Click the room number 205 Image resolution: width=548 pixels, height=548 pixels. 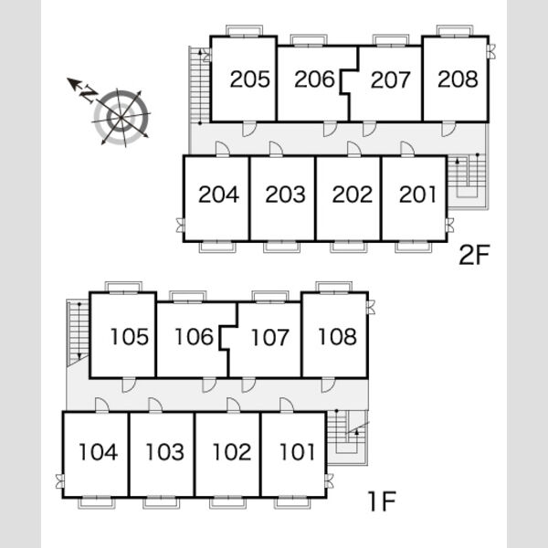(250, 79)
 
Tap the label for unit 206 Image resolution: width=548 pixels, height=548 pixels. (314, 79)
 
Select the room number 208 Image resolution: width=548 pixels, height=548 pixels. (458, 79)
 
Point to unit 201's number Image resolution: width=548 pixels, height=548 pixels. (417, 195)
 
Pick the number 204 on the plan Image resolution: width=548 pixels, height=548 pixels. (219, 195)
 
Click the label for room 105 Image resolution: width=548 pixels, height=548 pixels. (130, 337)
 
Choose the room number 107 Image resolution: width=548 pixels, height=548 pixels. (269, 337)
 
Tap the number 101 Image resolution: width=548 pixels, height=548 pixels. (297, 452)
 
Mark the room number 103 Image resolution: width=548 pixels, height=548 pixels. (164, 452)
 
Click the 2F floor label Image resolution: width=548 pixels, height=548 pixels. (474, 256)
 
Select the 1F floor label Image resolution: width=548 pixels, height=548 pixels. (383, 501)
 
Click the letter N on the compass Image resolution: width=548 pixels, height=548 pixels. (89, 93)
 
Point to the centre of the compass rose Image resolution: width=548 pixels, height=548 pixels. (121, 118)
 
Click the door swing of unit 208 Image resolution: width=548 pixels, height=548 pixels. (448, 129)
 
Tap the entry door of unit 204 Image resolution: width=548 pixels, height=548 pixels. (223, 149)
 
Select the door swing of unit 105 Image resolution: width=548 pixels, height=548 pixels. (129, 385)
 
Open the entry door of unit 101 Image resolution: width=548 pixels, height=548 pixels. (287, 405)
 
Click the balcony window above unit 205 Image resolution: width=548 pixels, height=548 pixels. (244, 30)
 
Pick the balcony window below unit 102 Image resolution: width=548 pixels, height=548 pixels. (227, 502)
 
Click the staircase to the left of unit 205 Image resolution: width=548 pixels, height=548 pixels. (199, 85)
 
